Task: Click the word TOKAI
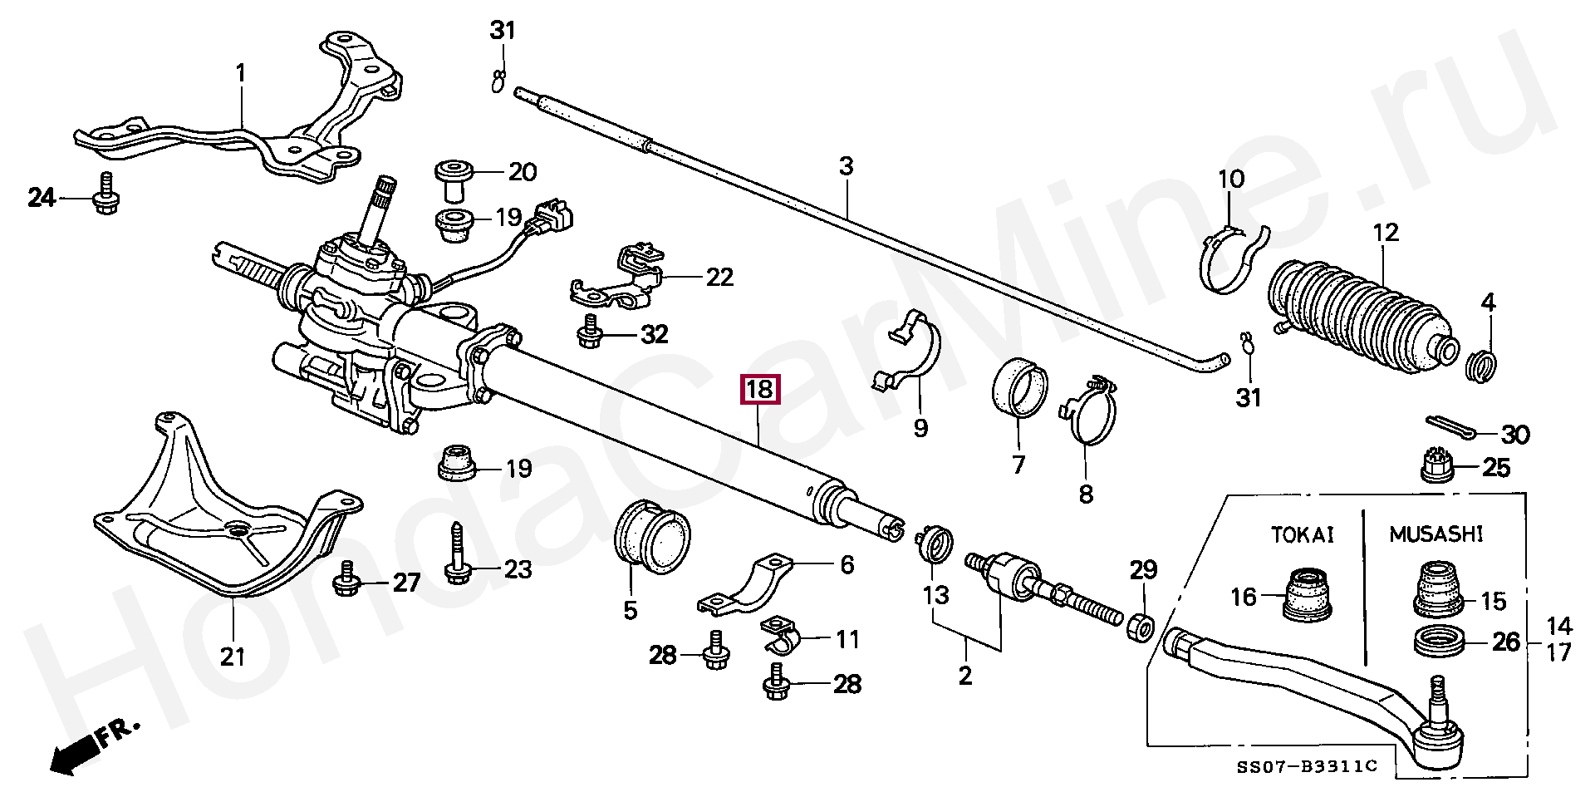point(1302,534)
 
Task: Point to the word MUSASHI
point(1435,534)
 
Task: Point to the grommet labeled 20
point(454,180)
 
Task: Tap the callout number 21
point(233,656)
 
